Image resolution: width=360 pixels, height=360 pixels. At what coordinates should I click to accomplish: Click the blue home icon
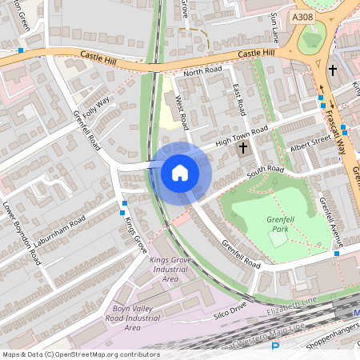[180, 173]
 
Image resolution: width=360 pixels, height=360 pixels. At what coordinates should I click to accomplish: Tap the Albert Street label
[310, 143]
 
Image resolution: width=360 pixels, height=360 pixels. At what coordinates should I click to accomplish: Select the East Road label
[237, 100]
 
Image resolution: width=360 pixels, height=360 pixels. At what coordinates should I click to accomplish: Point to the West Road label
[182, 112]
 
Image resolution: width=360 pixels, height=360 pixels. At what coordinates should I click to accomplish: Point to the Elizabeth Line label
[293, 304]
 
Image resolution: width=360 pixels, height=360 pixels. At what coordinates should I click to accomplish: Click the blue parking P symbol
[276, 347]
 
